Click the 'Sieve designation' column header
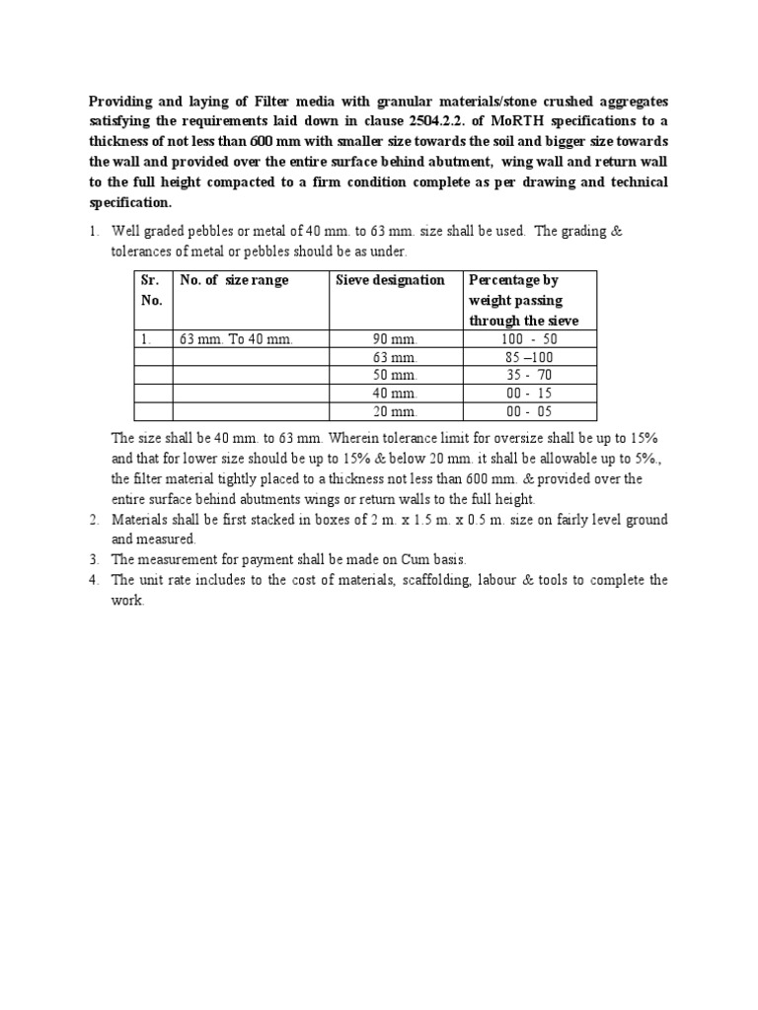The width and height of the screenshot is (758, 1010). coord(390,280)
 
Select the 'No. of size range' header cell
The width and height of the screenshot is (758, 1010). coord(234,280)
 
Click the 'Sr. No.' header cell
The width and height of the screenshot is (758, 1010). coord(153,290)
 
